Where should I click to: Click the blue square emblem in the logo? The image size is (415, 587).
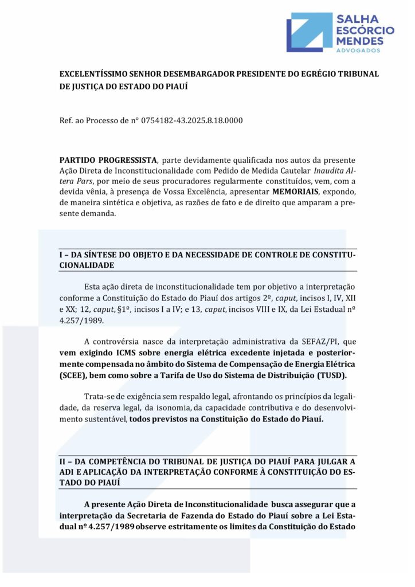tap(309, 33)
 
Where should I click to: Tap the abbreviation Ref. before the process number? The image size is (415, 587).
tap(66, 121)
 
